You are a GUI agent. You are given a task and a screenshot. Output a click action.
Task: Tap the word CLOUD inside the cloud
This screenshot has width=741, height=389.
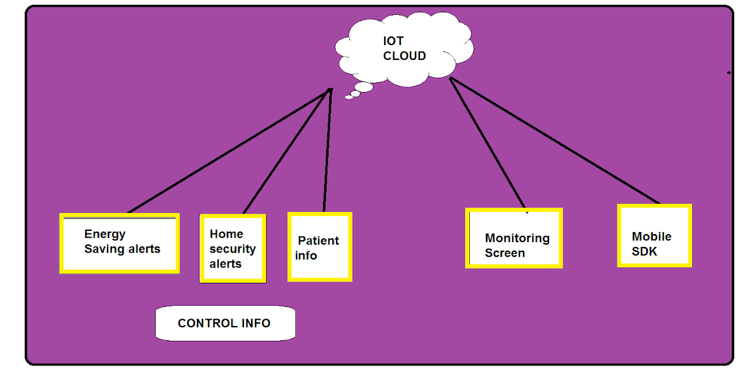coord(404,56)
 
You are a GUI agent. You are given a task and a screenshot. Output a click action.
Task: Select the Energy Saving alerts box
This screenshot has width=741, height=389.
coord(120,243)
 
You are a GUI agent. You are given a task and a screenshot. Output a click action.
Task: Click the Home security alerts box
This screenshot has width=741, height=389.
coord(233,248)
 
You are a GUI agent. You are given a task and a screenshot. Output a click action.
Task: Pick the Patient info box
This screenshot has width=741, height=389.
coord(320,247)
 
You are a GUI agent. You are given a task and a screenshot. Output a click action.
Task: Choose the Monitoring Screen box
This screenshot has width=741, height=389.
coord(514,238)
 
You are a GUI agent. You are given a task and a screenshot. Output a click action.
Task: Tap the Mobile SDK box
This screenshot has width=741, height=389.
coord(655,236)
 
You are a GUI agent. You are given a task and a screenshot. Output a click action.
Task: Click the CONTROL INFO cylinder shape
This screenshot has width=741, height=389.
coord(225,323)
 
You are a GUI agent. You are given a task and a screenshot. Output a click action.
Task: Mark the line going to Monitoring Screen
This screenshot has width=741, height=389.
coord(488,143)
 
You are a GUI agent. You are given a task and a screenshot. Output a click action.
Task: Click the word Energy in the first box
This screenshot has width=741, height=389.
coord(104,234)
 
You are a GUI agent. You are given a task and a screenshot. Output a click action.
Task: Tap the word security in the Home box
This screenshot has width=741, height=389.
coord(232,249)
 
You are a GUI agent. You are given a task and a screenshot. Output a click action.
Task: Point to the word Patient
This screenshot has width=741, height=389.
coord(318,241)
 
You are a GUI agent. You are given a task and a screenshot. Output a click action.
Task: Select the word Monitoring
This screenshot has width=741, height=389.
coord(517,238)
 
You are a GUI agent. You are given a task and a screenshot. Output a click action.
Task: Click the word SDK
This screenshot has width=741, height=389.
coord(644,251)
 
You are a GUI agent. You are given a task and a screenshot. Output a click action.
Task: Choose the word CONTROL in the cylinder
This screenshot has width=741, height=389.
coord(206,323)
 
